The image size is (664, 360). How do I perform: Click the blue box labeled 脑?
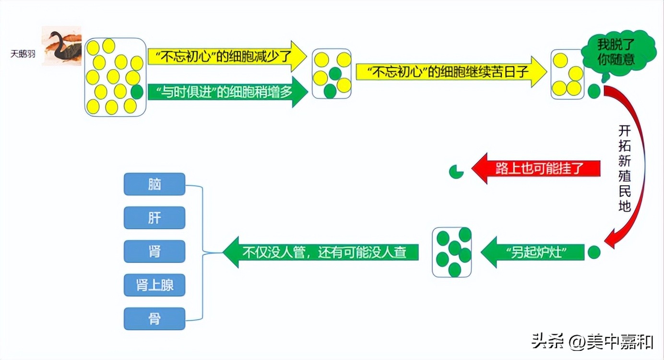[x=154, y=184]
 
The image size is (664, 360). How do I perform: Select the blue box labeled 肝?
[x=154, y=218]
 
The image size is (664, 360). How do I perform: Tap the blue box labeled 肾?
[x=154, y=252]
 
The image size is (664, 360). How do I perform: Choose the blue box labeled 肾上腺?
[x=154, y=285]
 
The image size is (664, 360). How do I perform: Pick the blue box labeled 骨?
[x=154, y=319]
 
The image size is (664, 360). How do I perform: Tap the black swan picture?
[x=61, y=45]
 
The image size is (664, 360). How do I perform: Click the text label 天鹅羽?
[x=23, y=54]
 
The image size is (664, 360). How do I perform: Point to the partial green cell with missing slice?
[x=456, y=171]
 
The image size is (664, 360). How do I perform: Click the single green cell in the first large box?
[x=137, y=92]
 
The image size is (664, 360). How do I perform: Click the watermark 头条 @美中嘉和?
[x=592, y=342]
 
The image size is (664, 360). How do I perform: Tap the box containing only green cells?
[x=452, y=252]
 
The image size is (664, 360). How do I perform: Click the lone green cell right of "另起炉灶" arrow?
[x=594, y=252]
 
